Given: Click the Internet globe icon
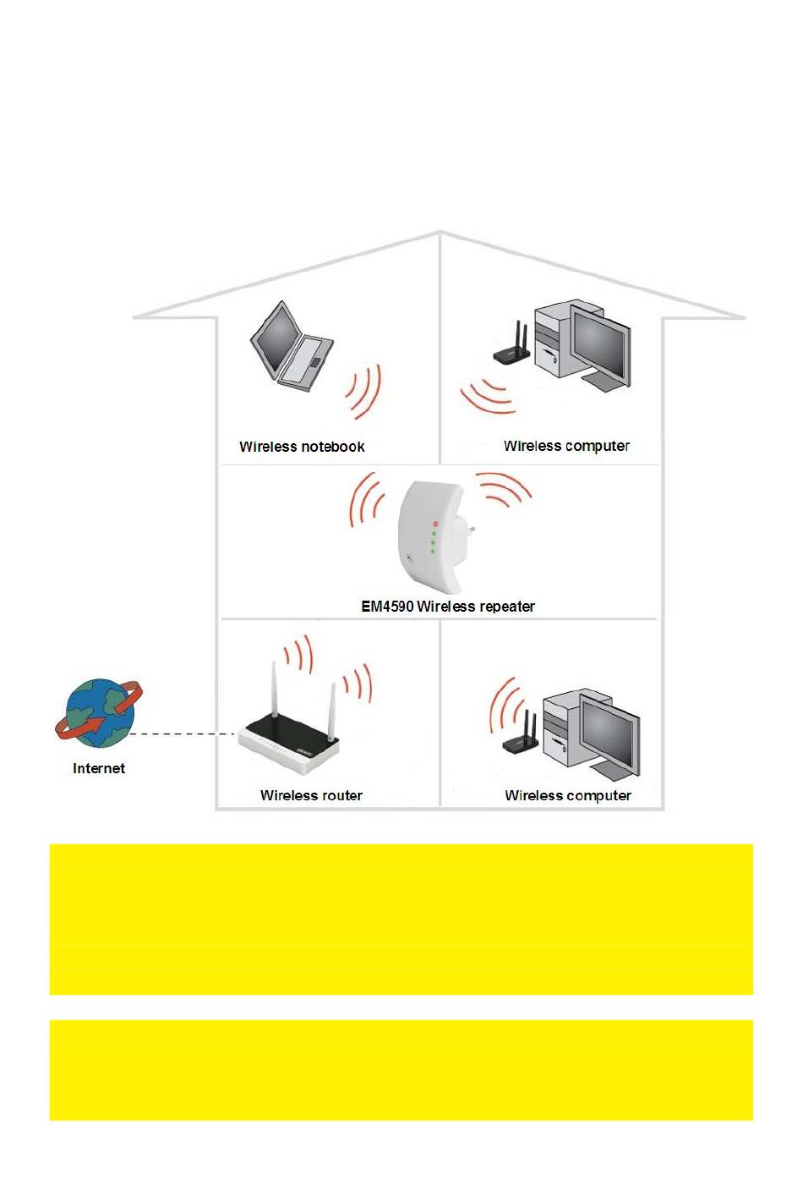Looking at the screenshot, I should tap(99, 712).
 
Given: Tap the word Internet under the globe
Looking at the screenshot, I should tap(99, 768).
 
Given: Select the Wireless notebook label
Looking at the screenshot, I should tap(302, 447).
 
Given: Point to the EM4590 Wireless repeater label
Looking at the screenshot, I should tap(448, 607).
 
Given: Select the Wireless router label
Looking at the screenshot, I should tap(311, 795).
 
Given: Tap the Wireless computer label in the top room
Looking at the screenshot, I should tap(566, 446).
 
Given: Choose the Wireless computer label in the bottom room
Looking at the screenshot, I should tap(568, 795).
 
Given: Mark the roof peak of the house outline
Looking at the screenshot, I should tap(440, 233).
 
